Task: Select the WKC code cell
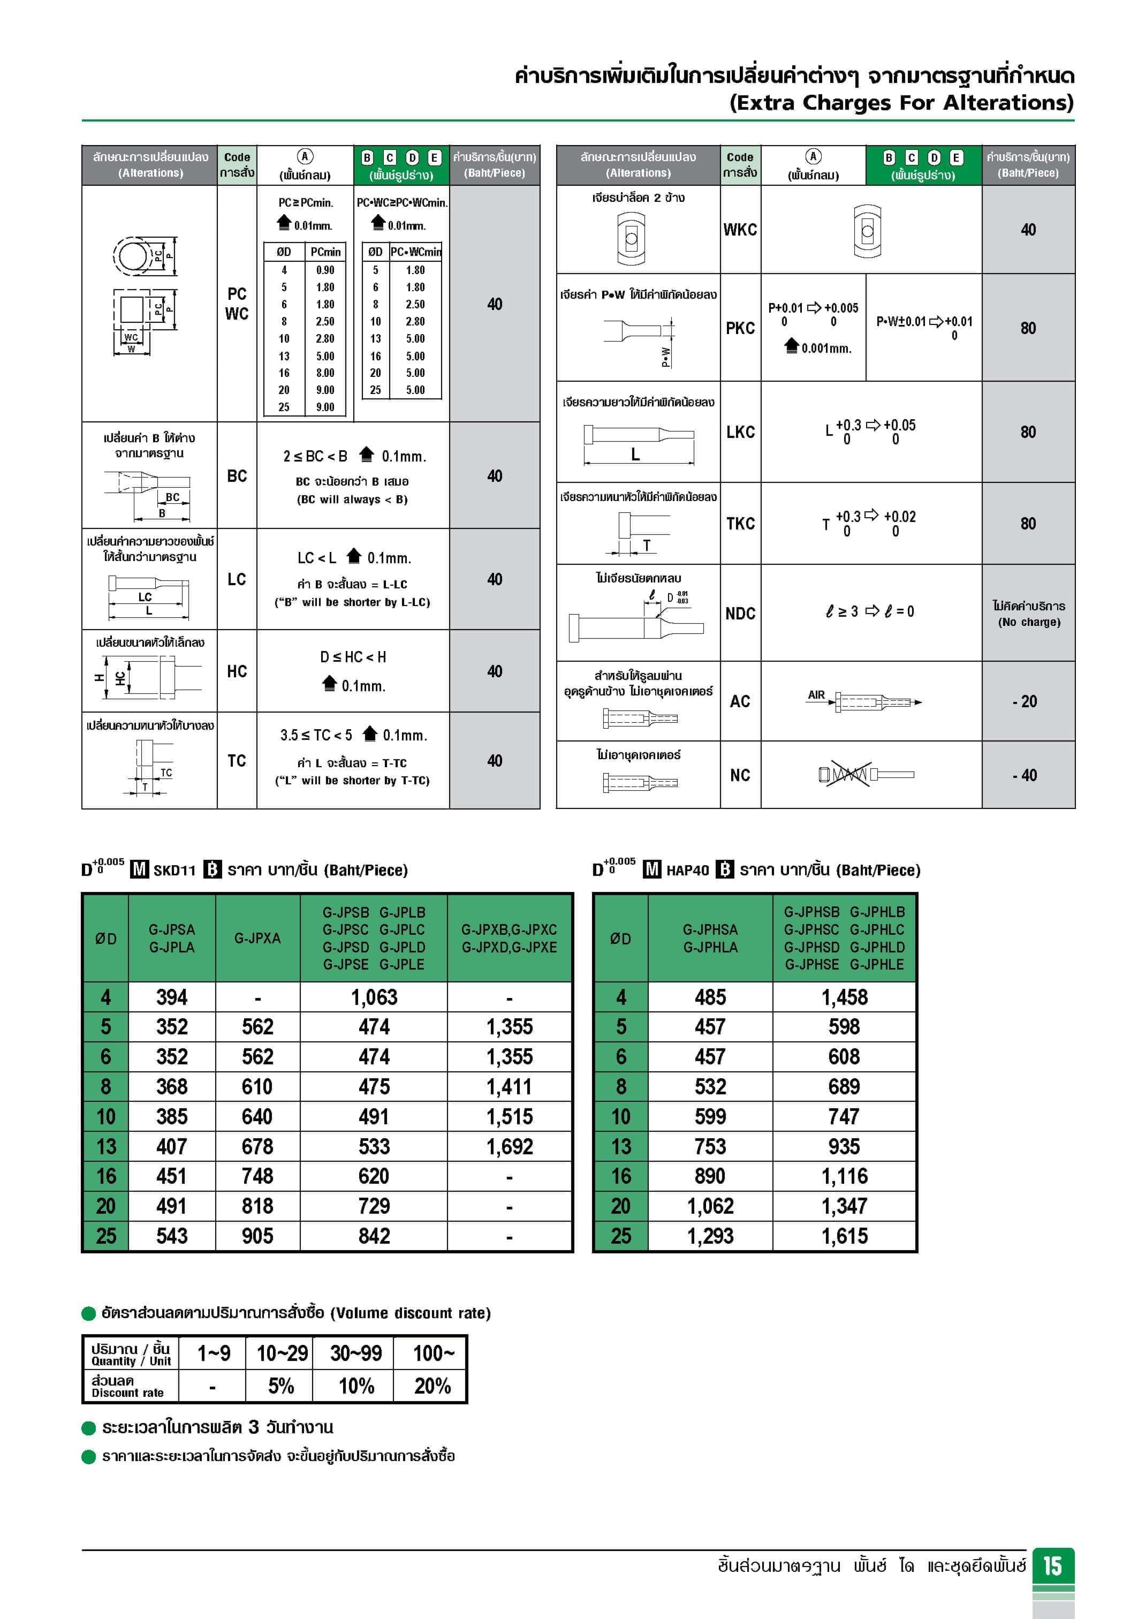coord(740,229)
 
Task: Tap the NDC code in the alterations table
coord(740,614)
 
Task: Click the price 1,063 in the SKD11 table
coord(374,997)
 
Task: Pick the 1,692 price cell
coord(509,1147)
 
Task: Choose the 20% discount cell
coord(432,1386)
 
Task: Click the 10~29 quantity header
coord(282,1353)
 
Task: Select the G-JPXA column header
coord(257,939)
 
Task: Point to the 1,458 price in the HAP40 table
coord(844,997)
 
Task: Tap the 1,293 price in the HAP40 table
coord(710,1236)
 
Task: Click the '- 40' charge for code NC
coord(1027,775)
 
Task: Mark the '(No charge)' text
coord(1029,622)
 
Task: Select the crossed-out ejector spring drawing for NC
coord(845,774)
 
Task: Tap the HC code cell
coord(237,671)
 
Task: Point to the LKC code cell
coord(740,432)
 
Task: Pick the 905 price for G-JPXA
coord(257,1236)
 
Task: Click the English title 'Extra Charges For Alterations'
coord(901,103)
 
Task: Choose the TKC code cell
coord(740,523)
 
